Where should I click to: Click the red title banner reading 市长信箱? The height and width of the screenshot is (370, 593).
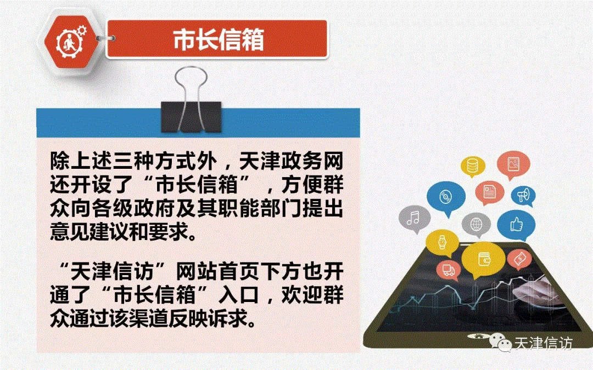click(x=217, y=39)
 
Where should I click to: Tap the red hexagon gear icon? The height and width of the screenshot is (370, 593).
click(x=70, y=42)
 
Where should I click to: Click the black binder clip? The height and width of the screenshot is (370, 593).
click(x=191, y=101)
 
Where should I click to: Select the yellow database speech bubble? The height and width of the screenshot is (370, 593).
click(x=473, y=167)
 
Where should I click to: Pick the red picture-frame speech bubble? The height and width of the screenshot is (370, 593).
click(x=513, y=164)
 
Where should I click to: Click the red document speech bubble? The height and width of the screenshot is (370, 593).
click(x=489, y=192)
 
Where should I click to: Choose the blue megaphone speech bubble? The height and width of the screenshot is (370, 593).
click(x=524, y=196)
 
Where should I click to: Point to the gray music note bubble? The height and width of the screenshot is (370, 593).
click(x=415, y=219)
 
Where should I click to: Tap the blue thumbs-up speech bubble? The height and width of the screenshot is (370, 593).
click(x=516, y=225)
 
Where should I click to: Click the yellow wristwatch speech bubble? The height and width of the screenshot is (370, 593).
click(x=442, y=243)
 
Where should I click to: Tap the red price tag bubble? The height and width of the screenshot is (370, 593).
click(x=520, y=259)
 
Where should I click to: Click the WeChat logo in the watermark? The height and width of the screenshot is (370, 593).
click(x=500, y=343)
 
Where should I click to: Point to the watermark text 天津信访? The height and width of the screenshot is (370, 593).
click(x=544, y=344)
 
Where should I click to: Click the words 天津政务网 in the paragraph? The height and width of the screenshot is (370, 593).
click(x=291, y=162)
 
